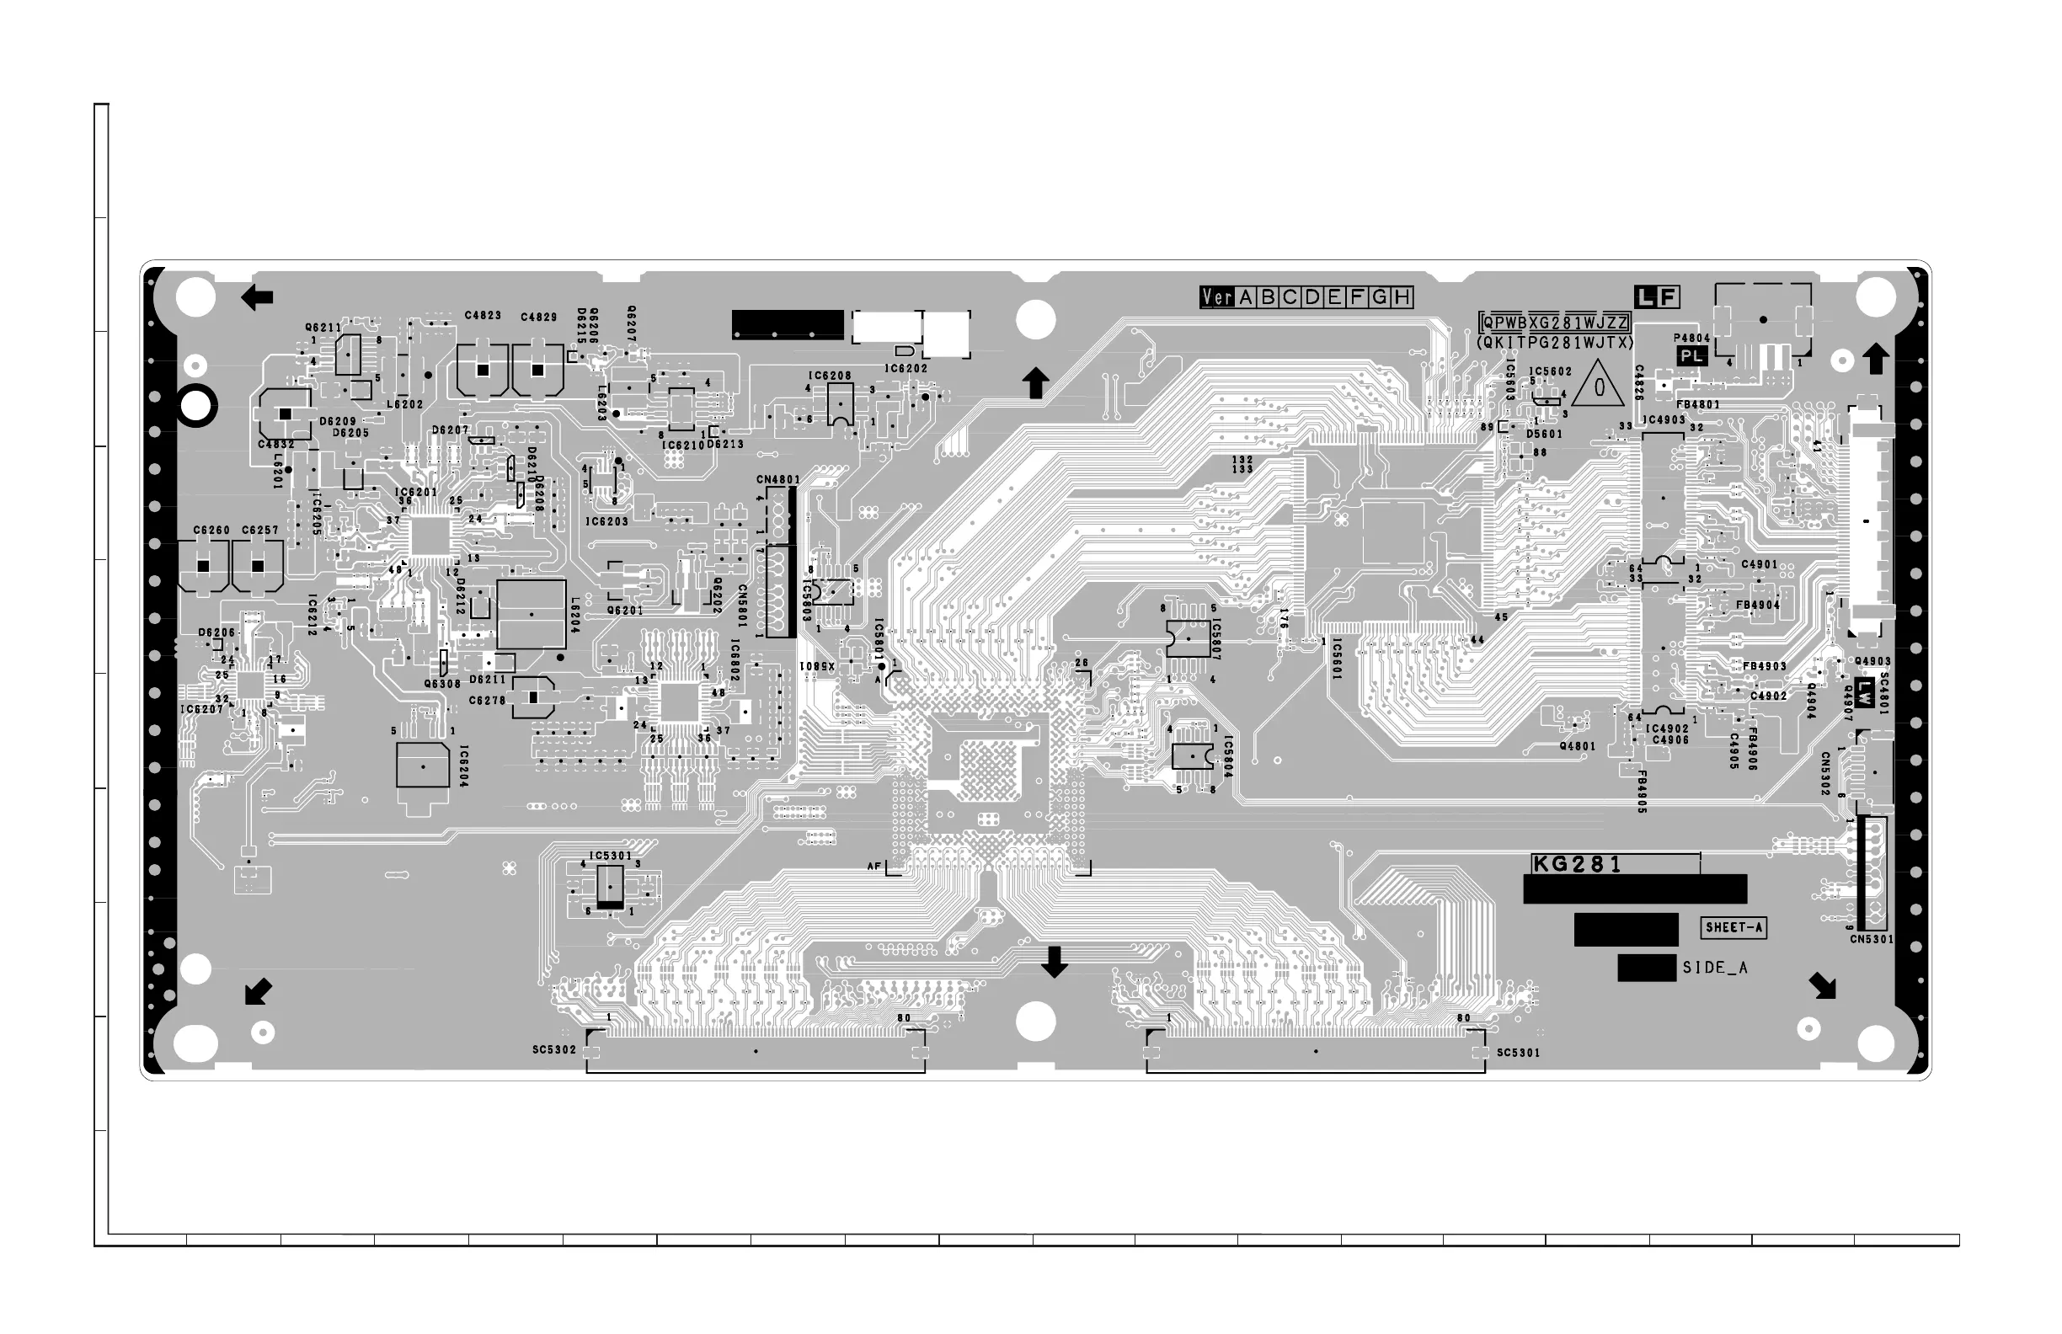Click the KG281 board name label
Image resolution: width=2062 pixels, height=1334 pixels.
point(1576,865)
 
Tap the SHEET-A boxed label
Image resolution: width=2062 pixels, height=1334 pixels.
point(1733,928)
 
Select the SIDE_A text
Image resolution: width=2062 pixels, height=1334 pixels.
point(1715,968)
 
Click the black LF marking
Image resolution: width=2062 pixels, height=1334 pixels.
point(1657,298)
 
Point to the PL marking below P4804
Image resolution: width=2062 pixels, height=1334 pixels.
point(1691,356)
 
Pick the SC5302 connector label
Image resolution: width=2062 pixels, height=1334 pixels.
point(553,1050)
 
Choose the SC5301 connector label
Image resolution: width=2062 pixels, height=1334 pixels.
point(1519,1053)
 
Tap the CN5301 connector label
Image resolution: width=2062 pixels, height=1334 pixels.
point(1872,939)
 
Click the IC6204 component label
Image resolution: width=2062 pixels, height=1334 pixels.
point(463,766)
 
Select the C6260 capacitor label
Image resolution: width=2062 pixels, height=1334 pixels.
point(211,530)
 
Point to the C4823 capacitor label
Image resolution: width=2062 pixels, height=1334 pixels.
point(483,315)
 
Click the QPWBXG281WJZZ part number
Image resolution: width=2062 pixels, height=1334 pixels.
point(1555,323)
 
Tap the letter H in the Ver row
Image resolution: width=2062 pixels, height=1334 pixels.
point(1402,298)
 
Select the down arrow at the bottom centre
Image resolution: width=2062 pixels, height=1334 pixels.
point(1054,962)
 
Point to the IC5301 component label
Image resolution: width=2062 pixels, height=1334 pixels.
point(610,856)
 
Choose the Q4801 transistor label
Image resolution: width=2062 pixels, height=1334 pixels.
point(1577,746)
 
